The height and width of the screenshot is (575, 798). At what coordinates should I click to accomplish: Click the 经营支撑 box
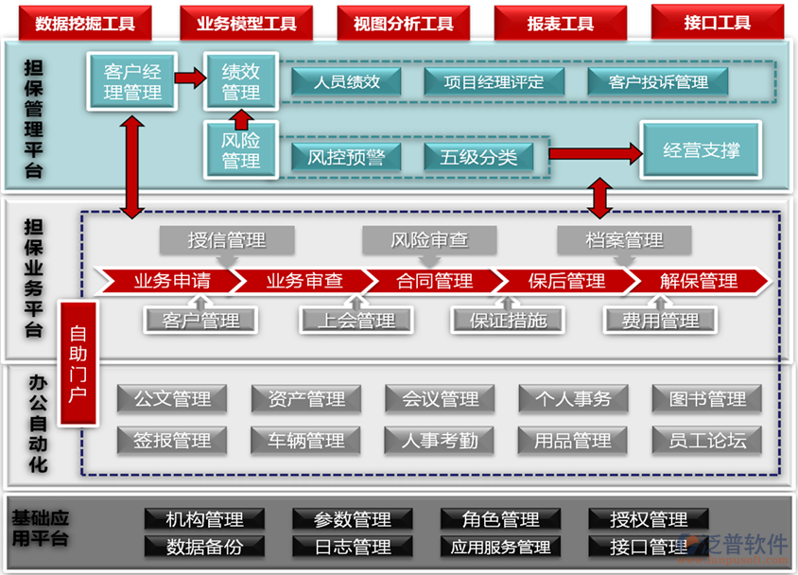701,150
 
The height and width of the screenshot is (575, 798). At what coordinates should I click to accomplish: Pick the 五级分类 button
477,157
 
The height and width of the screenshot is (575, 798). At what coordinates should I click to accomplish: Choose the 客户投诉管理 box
647,82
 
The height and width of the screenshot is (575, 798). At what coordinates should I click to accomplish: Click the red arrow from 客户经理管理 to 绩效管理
191,78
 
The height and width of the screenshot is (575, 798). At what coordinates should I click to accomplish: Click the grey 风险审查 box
429,240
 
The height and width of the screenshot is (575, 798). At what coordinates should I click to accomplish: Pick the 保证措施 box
508,321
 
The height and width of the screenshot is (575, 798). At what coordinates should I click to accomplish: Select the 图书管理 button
707,399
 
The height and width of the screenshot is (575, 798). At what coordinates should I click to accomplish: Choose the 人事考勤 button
440,441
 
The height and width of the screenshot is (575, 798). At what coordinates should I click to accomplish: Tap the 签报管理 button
172,441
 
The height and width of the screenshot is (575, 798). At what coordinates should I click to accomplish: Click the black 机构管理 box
204,519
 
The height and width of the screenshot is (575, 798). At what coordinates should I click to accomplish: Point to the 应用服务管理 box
500,547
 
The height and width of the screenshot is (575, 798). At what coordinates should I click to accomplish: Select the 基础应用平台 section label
40,529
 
